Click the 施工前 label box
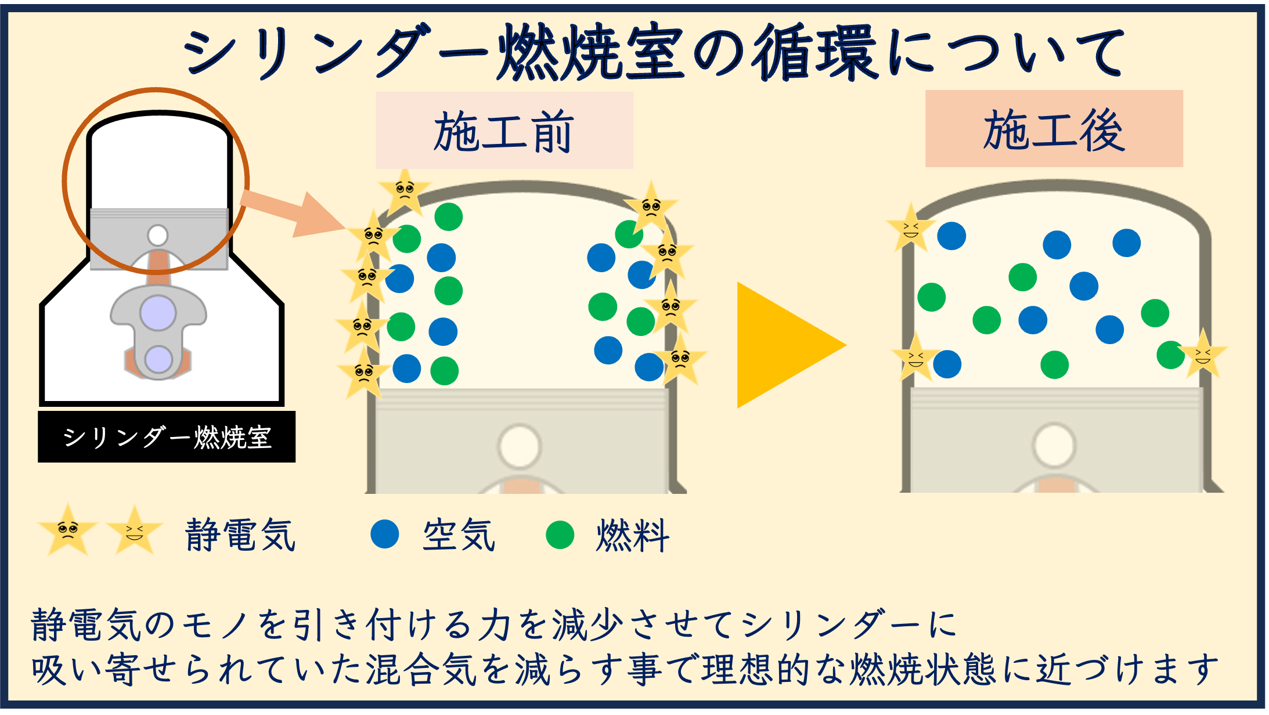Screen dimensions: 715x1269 tap(504, 131)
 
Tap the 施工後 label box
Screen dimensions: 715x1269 tap(1054, 129)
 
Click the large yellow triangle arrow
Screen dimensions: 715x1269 tap(781, 345)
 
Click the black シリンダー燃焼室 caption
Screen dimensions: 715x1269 tap(167, 437)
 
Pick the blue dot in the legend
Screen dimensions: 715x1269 tap(384, 534)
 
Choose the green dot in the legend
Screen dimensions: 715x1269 tap(560, 535)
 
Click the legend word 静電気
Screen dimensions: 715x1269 tap(240, 535)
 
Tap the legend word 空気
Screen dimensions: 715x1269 tap(459, 535)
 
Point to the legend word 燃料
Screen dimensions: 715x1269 tap(633, 535)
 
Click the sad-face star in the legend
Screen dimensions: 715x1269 tap(68, 530)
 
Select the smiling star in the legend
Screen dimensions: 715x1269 tap(135, 530)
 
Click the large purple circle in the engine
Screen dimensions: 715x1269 tap(158, 313)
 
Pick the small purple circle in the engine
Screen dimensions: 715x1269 tap(158, 359)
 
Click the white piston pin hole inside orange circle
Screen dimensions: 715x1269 tap(158, 236)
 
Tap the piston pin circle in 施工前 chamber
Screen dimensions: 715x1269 tap(519, 446)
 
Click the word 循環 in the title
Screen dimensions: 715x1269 tap(816, 53)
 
